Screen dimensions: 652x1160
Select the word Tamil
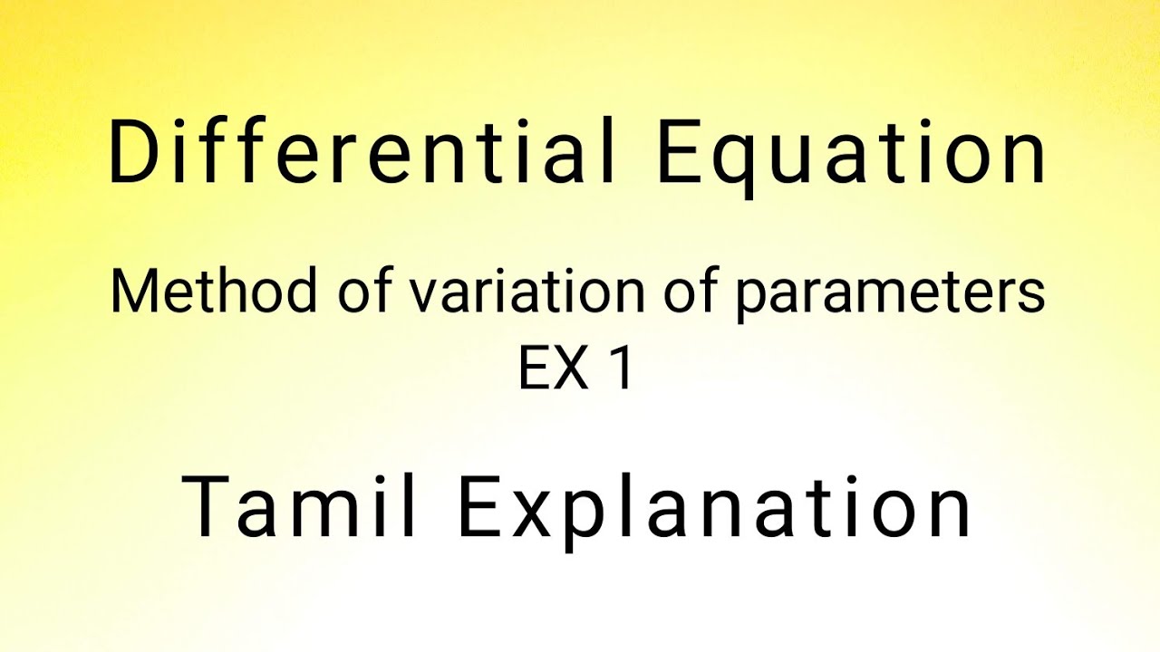tap(300, 507)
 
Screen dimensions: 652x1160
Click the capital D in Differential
tap(130, 154)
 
